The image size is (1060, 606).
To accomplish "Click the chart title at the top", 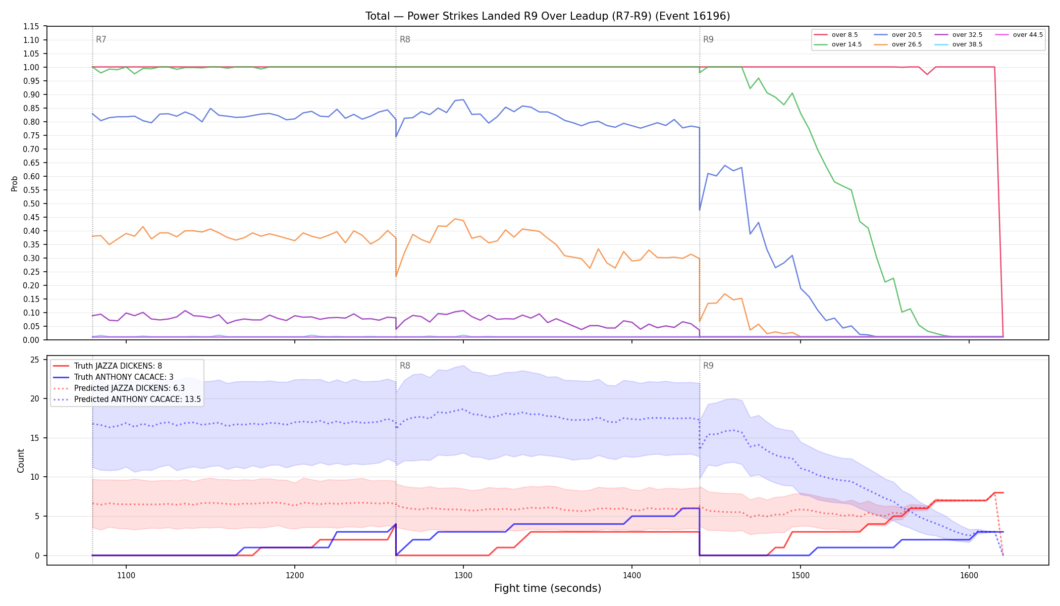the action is click(x=548, y=16).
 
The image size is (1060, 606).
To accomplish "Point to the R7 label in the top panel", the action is click(x=101, y=39).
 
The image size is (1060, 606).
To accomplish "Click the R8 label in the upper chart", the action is click(x=405, y=39).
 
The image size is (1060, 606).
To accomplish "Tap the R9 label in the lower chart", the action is click(x=708, y=366).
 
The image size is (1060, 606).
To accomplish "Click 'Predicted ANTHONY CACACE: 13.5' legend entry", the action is click(x=127, y=399).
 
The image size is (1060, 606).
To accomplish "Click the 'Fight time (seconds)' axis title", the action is click(x=548, y=588).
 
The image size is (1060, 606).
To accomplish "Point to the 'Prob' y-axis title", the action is click(x=14, y=183).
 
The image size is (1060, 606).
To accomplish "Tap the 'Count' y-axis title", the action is click(x=21, y=461).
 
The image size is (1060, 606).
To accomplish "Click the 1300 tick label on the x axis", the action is click(x=463, y=575).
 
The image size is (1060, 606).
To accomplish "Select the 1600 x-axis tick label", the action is click(x=969, y=575).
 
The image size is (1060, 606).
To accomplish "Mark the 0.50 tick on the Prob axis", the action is click(x=31, y=204).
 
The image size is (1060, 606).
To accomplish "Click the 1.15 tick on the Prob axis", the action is click(x=31, y=26).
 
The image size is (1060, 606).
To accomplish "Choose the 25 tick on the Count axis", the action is click(x=35, y=360).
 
